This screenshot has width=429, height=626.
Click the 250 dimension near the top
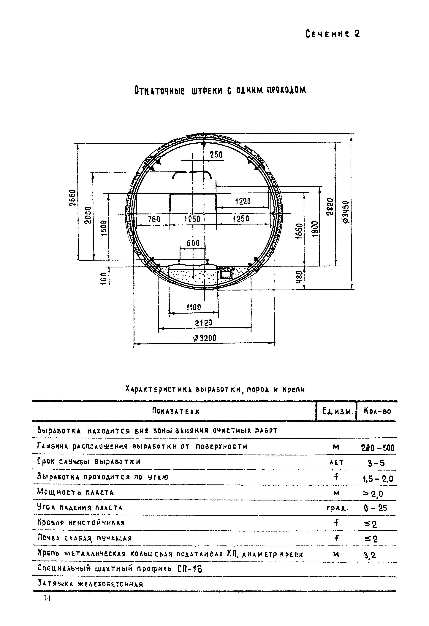(216, 155)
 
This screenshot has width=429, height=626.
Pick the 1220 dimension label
(243, 201)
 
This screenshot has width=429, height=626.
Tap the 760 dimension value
(154, 219)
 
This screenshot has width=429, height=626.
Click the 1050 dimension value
(192, 219)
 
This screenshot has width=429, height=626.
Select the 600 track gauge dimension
(193, 243)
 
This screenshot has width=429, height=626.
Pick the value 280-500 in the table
(377, 448)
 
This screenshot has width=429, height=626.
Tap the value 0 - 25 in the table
(375, 508)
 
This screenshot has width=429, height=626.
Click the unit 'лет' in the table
(336, 463)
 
